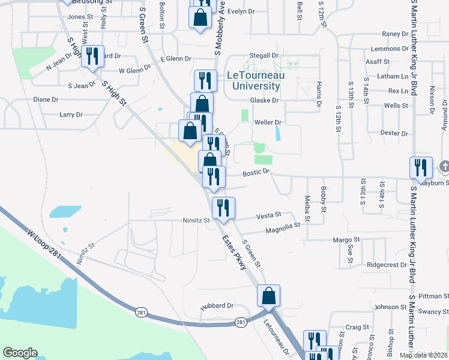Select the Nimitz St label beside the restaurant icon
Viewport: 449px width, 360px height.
pos(196,220)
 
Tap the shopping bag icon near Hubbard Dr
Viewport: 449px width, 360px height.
pos(268,295)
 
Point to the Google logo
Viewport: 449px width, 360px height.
pos(20,353)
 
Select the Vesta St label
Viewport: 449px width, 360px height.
pos(269,215)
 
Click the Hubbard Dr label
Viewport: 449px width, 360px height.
pos(217,305)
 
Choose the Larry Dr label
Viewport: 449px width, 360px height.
pos(71,114)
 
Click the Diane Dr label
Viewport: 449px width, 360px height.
pos(46,100)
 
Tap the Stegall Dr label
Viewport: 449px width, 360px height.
pos(264,56)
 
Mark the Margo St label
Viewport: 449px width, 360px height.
pos(346,239)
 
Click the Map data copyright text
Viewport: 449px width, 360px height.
pos(423,355)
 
